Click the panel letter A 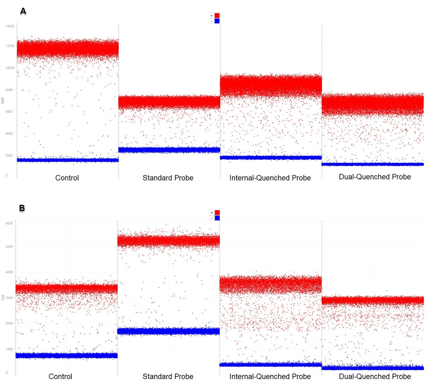point(23,11)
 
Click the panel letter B point(22,208)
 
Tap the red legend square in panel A point(217,16)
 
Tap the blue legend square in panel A point(217,21)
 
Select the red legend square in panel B point(217,213)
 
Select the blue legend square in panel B point(217,218)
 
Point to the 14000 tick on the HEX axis point(10,26)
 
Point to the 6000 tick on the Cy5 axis point(9,223)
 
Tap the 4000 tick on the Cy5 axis point(9,272)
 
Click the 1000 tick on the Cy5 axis point(9,349)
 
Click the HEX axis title point(3,100)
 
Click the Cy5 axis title point(3,297)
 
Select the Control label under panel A point(67,178)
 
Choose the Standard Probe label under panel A point(168,178)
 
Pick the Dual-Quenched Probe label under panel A point(375,177)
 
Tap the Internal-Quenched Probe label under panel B point(270,377)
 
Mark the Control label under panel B point(60,377)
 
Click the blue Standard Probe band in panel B point(169,331)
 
